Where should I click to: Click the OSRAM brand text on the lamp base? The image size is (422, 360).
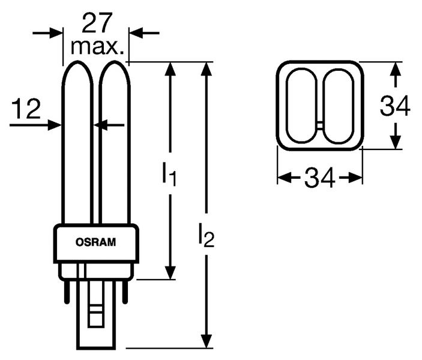tap(97, 242)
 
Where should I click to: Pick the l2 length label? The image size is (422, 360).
tap(205, 236)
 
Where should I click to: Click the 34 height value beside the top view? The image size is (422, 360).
tap(395, 107)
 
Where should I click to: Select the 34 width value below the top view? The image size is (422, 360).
tap(319, 178)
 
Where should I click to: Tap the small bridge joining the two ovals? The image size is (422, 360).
tap(320, 124)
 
